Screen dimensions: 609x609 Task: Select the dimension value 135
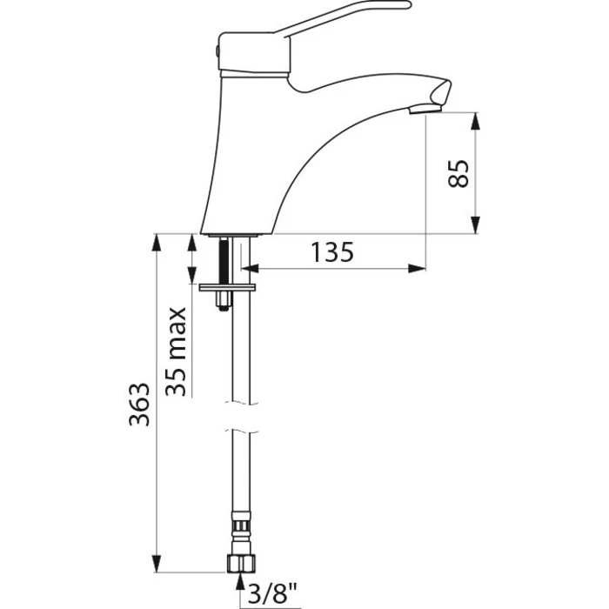[332, 253]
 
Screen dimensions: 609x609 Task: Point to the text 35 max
[177, 351]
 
